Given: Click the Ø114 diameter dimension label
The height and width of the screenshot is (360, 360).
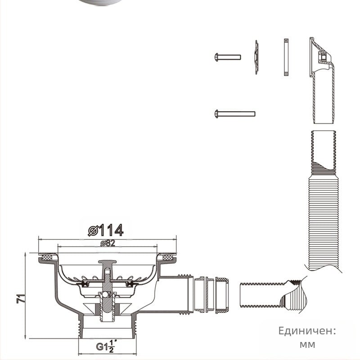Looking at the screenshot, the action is click(106, 230).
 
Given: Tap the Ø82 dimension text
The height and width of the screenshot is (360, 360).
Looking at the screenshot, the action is click(108, 243).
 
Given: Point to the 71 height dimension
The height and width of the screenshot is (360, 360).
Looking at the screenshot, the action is click(21, 298).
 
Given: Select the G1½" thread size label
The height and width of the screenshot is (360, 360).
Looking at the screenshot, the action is click(106, 346).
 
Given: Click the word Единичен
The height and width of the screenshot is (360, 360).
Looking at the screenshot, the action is click(307, 331).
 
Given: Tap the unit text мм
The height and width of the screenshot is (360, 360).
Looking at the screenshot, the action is click(307, 344).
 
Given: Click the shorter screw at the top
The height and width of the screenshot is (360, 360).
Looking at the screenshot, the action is click(228, 57).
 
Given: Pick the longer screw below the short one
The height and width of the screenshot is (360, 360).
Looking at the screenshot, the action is click(234, 114).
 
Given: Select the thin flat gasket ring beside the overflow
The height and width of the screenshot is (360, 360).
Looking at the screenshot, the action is click(286, 57).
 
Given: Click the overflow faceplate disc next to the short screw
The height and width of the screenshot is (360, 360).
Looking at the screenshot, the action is click(256, 57).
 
